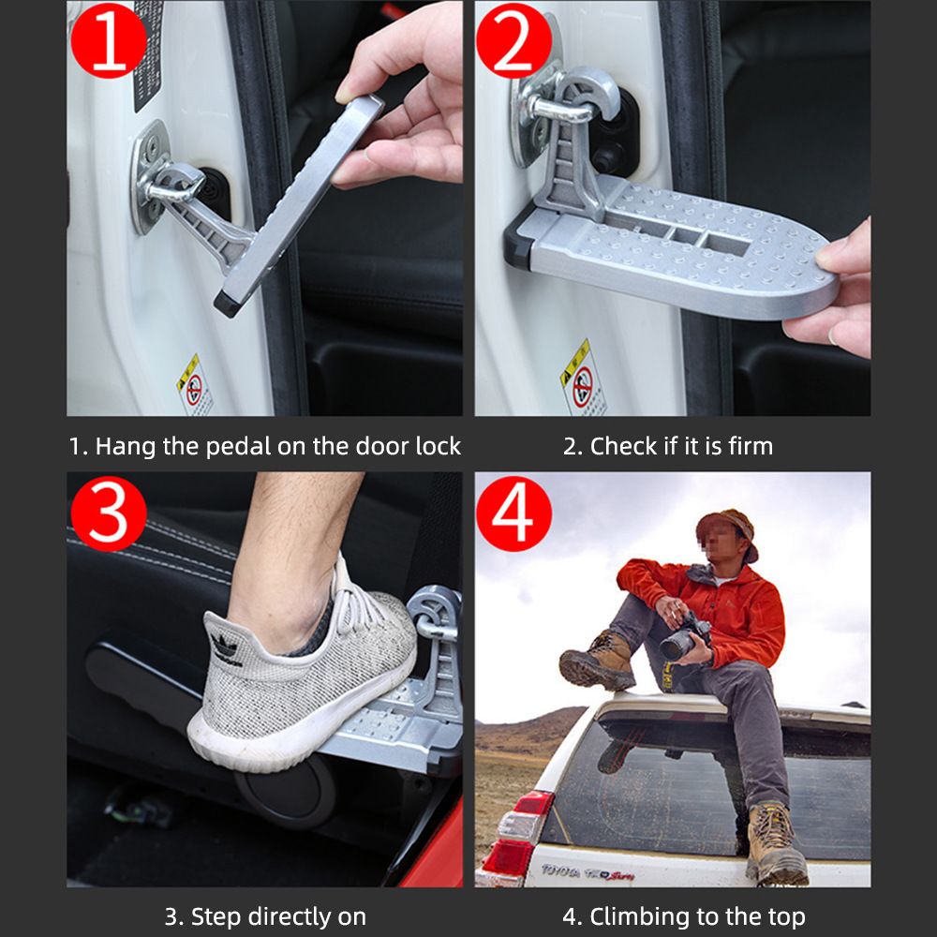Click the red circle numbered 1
(x=109, y=40)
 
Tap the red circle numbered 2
(x=513, y=40)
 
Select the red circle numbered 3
(x=109, y=513)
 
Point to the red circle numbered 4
(x=513, y=513)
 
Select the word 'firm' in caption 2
(x=747, y=447)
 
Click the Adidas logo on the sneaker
(x=224, y=646)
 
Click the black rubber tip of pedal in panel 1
(x=227, y=304)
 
